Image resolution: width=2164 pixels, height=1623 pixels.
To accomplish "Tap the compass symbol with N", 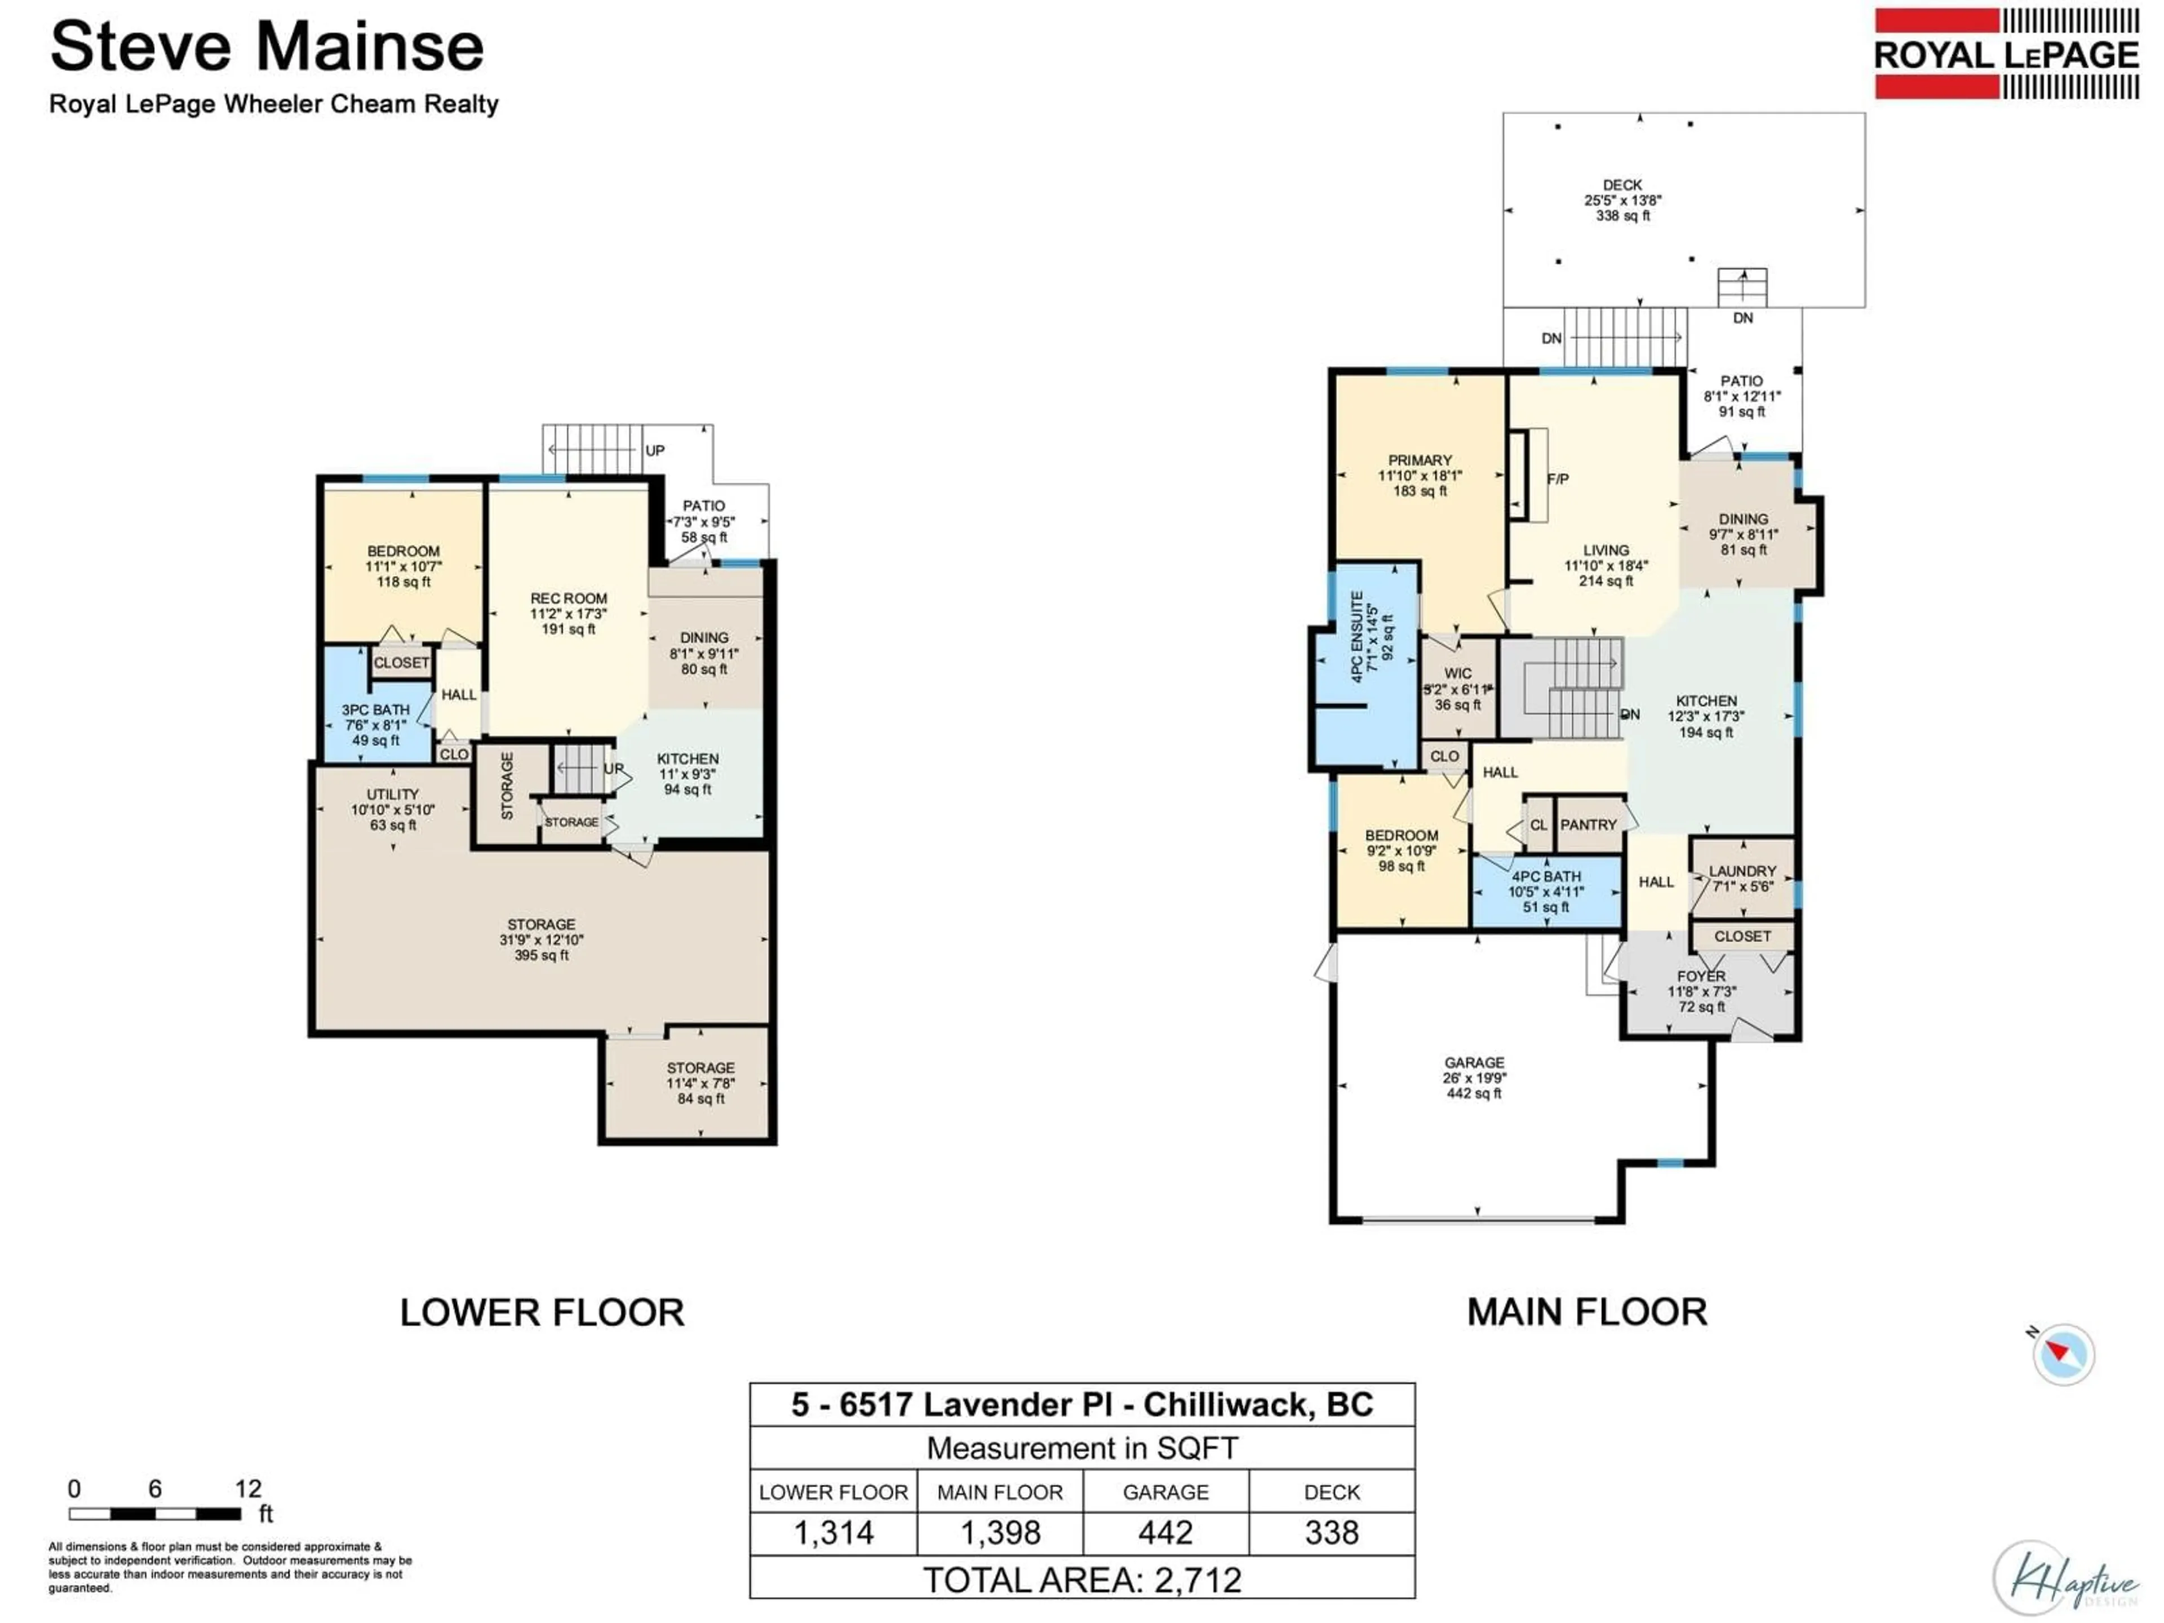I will point(2062,1355).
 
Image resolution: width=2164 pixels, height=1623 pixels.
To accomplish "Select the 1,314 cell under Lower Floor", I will point(833,1533).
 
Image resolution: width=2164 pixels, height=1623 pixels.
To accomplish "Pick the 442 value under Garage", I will point(1165,1533).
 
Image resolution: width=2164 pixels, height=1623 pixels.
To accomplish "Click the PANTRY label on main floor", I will point(1588,824).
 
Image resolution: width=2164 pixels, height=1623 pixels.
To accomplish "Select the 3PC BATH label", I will point(376,710).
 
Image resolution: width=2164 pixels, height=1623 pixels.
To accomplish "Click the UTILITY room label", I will point(392,795).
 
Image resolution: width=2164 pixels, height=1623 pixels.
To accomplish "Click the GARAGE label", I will point(1474,1062).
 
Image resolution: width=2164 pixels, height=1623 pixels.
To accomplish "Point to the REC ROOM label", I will point(569,598).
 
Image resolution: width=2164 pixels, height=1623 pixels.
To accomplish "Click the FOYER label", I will point(1701,977).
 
